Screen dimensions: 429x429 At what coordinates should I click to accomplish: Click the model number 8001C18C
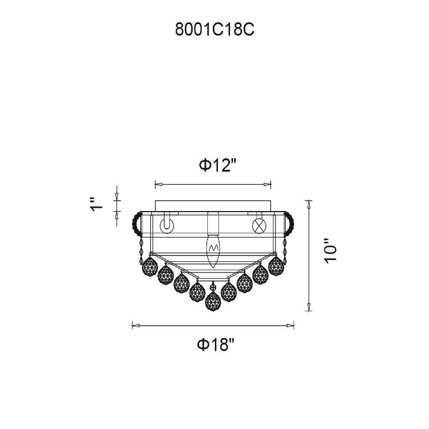214,29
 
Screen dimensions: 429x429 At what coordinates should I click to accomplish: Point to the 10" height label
330,251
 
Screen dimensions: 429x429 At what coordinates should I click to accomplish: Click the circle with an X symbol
259,226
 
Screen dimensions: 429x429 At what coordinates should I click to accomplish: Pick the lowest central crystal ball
213,302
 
